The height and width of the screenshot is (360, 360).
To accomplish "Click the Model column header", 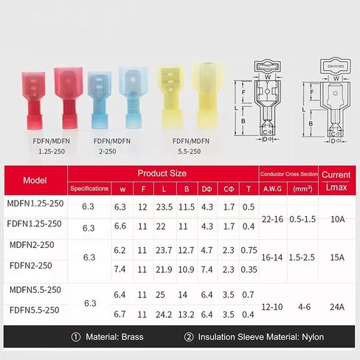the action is (35, 181).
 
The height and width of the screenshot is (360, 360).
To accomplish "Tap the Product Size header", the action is (162, 173).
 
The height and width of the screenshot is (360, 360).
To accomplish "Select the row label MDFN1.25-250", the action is (35, 204).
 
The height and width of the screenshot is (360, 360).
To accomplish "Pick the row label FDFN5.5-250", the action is (35, 310).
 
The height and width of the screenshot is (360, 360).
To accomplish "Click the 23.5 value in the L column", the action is (165, 207).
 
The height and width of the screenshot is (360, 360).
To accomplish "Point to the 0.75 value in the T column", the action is (249, 250).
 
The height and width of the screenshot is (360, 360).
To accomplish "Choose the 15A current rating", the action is (337, 257).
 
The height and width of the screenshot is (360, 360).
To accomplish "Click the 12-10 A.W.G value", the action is (272, 307).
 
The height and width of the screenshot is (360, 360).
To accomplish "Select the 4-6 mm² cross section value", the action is (304, 307).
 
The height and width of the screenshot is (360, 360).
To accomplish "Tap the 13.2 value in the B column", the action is (186, 314).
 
